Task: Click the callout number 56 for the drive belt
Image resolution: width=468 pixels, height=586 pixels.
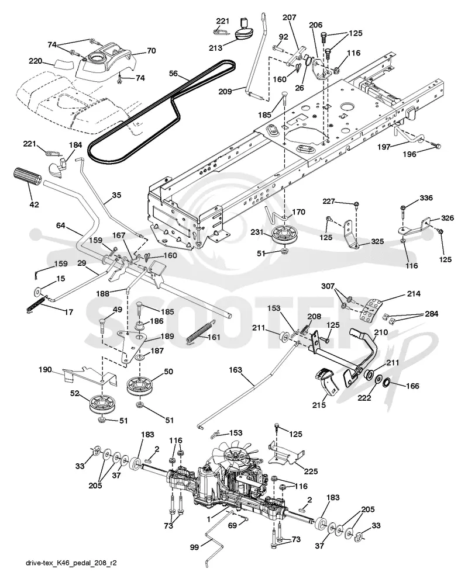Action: [x=173, y=74]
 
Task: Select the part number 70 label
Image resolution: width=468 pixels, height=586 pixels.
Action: [x=151, y=50]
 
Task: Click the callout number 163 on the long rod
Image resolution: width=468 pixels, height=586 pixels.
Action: [x=235, y=370]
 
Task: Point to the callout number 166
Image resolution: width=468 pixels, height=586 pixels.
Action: [x=412, y=386]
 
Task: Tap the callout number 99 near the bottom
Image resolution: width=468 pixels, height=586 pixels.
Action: [x=195, y=547]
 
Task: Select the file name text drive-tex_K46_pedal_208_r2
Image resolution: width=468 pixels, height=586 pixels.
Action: [x=71, y=563]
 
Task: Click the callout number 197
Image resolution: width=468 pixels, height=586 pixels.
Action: [x=384, y=147]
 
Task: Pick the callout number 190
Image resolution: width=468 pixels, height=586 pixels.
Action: [x=46, y=370]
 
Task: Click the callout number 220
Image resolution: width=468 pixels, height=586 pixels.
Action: [x=35, y=61]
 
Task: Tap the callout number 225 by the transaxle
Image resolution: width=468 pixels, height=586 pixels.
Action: [x=311, y=471]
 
